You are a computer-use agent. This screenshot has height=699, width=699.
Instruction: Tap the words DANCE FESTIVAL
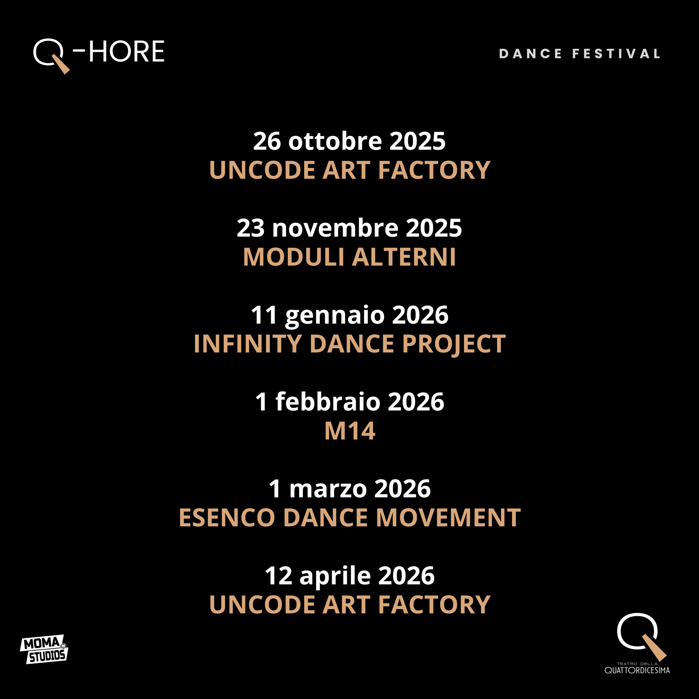(x=580, y=54)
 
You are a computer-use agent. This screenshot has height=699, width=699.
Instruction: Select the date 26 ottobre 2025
(x=349, y=141)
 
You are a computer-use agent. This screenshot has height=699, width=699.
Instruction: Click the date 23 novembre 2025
(x=349, y=228)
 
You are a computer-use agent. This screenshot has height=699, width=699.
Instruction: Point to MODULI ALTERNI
(x=349, y=257)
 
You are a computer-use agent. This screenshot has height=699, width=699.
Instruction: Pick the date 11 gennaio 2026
(x=349, y=315)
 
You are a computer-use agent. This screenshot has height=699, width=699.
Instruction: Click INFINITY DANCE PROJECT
(x=349, y=344)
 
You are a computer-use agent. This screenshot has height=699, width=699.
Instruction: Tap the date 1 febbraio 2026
(x=349, y=402)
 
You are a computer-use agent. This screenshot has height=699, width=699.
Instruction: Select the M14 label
(x=349, y=431)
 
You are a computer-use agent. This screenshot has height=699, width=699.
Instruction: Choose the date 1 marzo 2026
(x=349, y=488)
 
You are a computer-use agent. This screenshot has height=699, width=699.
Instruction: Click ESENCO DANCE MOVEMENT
(x=349, y=518)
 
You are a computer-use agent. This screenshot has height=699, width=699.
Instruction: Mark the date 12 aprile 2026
(x=349, y=576)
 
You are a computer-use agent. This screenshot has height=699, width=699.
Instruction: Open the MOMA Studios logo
(x=44, y=649)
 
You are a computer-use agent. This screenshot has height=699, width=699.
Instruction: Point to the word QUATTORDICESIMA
(x=637, y=670)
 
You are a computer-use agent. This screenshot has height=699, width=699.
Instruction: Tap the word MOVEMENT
(x=448, y=518)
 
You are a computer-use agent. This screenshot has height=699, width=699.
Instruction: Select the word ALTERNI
(x=404, y=257)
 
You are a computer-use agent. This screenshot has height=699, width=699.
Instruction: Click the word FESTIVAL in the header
(x=616, y=54)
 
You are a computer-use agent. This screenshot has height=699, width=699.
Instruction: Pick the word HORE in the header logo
(x=127, y=52)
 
